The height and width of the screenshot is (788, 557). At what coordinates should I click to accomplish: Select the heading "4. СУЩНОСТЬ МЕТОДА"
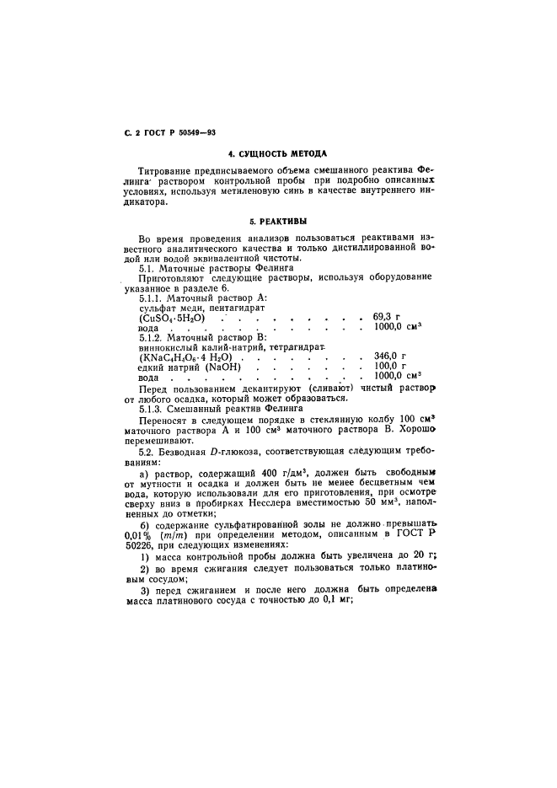tap(278, 155)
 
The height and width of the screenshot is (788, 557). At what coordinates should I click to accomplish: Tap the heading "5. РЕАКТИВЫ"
tap(278, 221)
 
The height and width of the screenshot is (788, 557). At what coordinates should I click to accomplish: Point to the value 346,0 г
tap(390, 356)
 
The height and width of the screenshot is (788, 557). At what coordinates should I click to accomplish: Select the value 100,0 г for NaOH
tap(389, 367)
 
